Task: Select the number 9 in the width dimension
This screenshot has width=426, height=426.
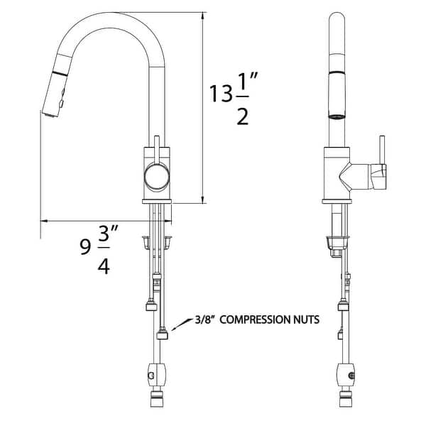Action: [x=85, y=247]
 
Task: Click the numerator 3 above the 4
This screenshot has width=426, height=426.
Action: [x=104, y=238]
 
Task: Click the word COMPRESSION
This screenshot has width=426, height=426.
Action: [x=261, y=320]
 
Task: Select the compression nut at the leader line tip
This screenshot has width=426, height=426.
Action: [x=163, y=332]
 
